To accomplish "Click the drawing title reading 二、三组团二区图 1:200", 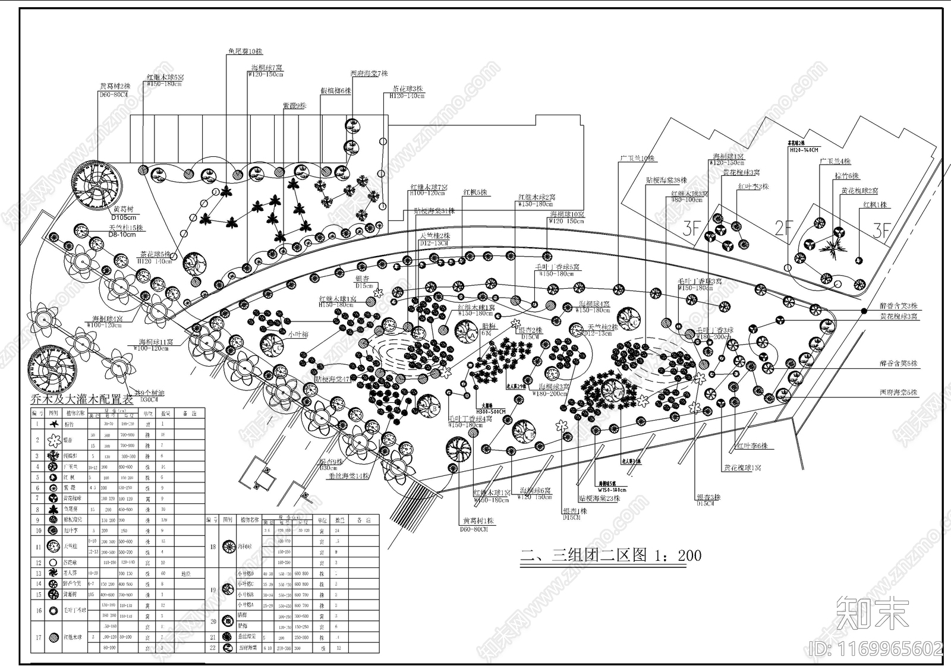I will point(611,556).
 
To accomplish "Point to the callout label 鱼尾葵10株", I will point(245,51).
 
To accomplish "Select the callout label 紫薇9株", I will point(294,106).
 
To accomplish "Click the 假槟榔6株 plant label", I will point(336,91).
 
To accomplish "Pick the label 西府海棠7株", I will point(369,74).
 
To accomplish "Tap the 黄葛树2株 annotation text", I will point(115,86).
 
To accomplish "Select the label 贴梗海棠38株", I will point(666,180).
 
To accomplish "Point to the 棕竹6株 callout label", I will point(846,176).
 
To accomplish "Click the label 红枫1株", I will point(875,205).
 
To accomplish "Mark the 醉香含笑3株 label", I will point(899,306).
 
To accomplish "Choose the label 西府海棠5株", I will point(898,392).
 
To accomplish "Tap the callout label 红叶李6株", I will point(752,446).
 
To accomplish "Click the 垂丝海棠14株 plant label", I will point(348,476).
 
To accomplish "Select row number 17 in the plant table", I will point(38,638).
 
